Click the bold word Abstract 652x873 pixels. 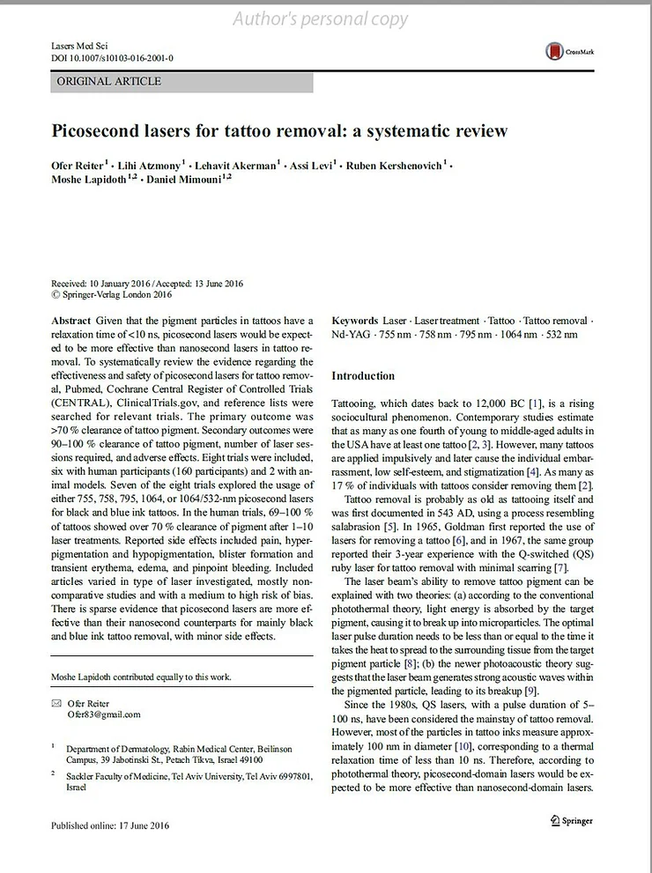72,321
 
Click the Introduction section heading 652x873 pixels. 363,376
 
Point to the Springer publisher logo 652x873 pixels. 572,820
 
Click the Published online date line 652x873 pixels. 109,825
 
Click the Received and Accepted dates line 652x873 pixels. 146,284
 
